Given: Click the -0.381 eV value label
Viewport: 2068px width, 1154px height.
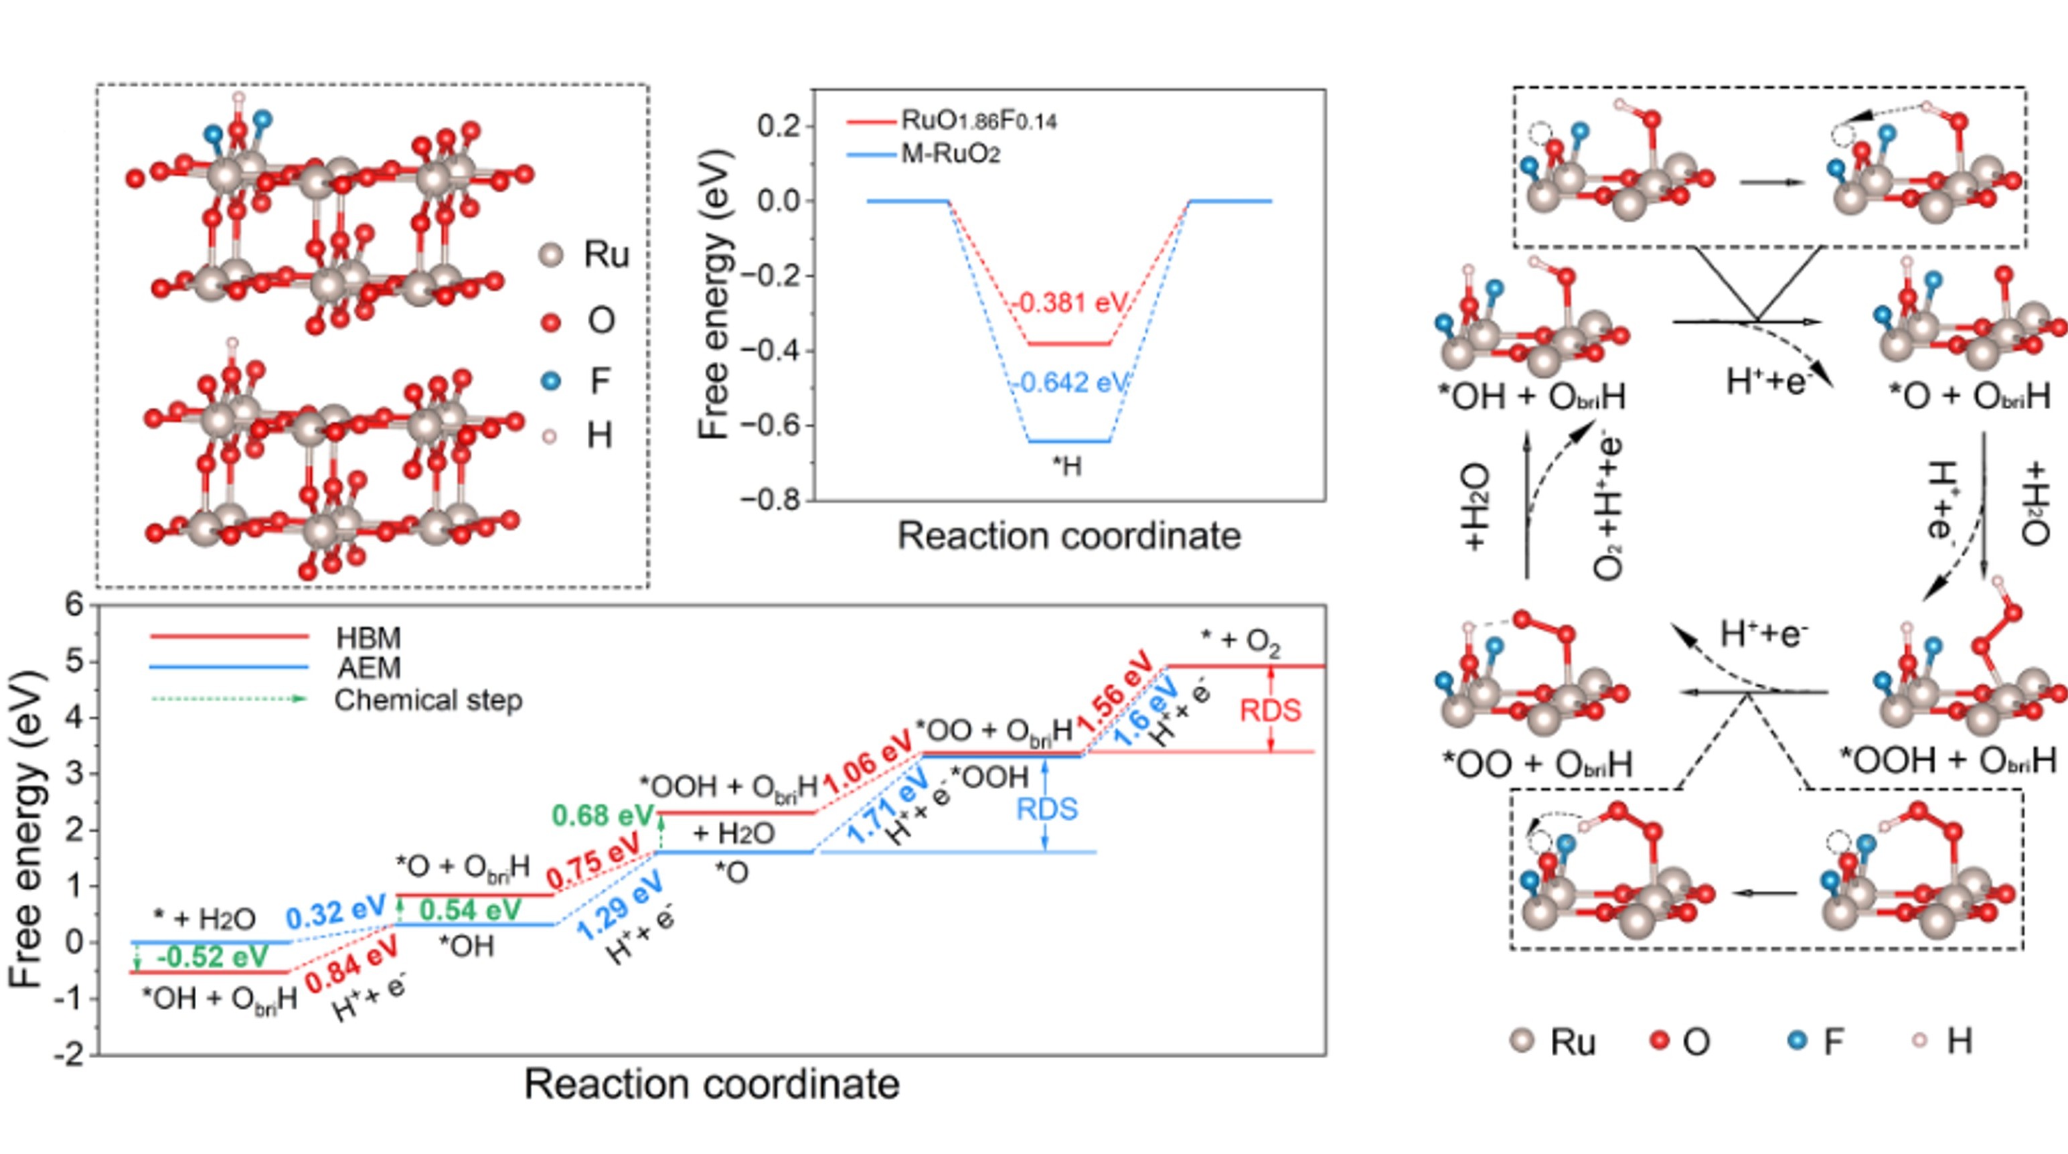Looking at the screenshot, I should coord(1069,303).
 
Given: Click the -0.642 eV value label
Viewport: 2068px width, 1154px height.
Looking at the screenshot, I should coord(1069,383).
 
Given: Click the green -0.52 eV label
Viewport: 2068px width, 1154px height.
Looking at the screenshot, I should coord(212,956).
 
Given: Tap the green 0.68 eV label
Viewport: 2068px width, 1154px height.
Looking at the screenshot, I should coord(602,816).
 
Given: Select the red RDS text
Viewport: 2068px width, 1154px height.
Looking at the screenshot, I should coord(1270,711).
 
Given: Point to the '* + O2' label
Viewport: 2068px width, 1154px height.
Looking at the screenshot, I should coord(1241,640).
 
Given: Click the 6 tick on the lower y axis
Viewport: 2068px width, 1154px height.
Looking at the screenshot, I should coord(75,604).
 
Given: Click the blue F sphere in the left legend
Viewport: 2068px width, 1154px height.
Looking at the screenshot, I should coord(551,380).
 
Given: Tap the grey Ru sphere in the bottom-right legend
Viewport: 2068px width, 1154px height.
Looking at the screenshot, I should coord(1521,1041).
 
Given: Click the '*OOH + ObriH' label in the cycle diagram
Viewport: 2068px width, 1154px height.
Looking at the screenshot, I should coord(1947,760).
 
